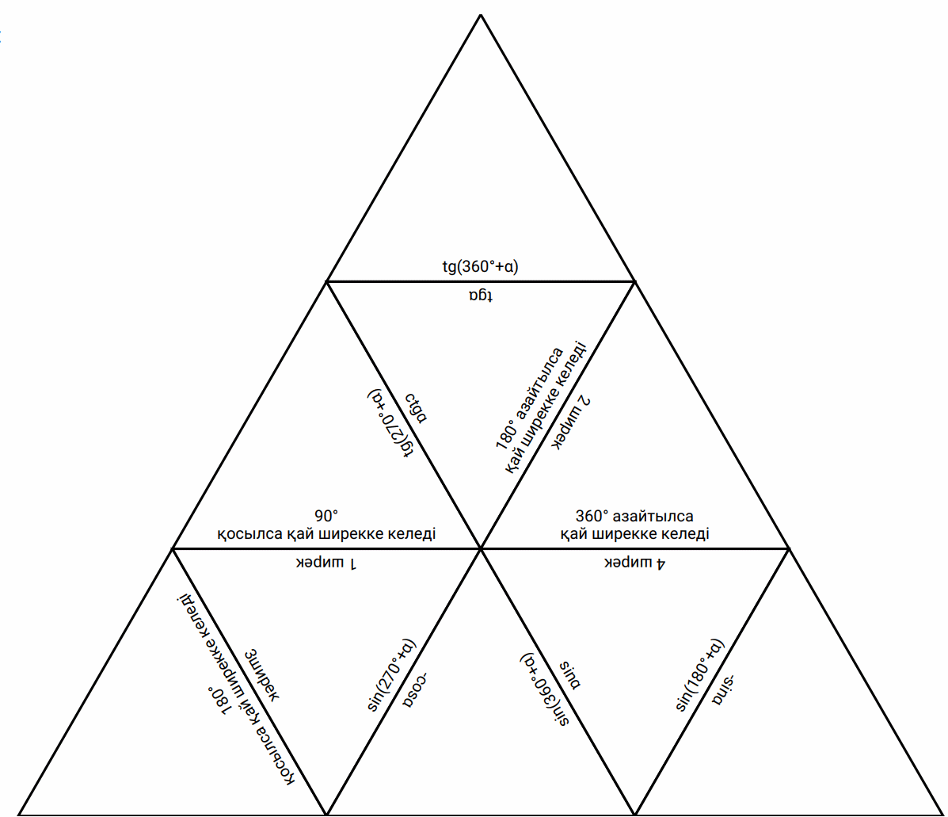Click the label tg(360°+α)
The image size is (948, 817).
480,265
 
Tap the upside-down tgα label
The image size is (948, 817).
480,296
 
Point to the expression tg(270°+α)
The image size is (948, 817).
391,426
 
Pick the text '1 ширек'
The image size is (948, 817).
327,563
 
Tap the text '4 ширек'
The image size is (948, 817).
635,563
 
